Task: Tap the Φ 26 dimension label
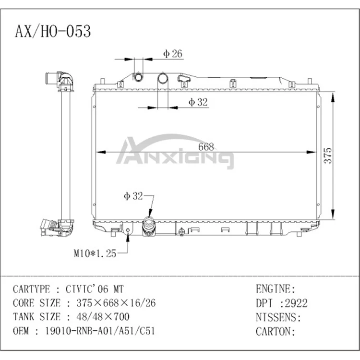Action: pyautogui.click(x=172, y=54)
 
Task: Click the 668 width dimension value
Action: pyautogui.click(x=206, y=147)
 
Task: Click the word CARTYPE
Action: pyautogui.click(x=32, y=289)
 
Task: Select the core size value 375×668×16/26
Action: pyautogui.click(x=112, y=303)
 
